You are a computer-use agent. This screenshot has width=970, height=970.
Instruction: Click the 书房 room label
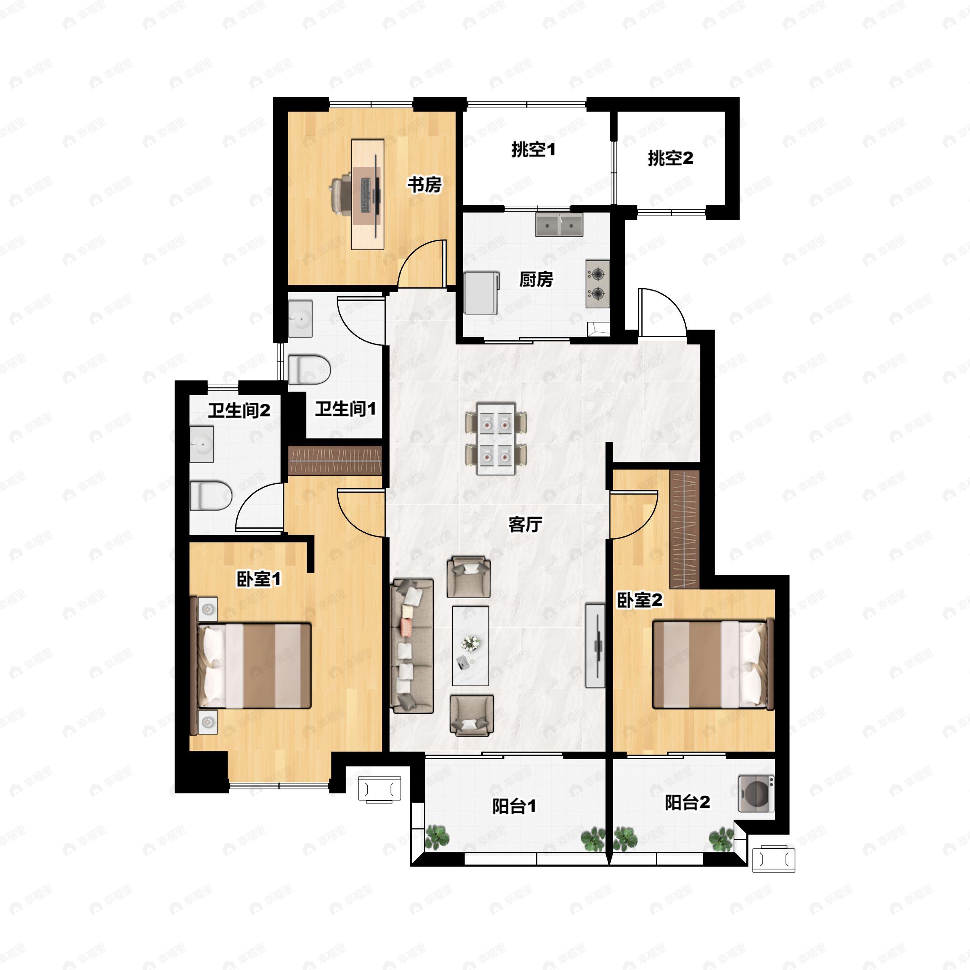(x=424, y=185)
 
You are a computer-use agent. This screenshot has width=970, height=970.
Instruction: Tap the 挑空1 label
(x=533, y=150)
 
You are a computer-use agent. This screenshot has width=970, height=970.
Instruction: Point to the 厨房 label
(x=536, y=280)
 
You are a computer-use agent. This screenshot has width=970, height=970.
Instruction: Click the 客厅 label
(x=525, y=525)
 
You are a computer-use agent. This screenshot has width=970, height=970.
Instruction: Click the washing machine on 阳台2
(x=756, y=794)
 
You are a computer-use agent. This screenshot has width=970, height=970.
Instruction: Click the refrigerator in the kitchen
(x=481, y=293)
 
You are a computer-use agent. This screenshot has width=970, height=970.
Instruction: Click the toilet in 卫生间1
(x=309, y=370)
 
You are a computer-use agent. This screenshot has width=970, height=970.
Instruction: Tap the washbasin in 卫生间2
(x=202, y=444)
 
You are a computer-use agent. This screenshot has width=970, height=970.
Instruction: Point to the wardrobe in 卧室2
(x=685, y=530)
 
